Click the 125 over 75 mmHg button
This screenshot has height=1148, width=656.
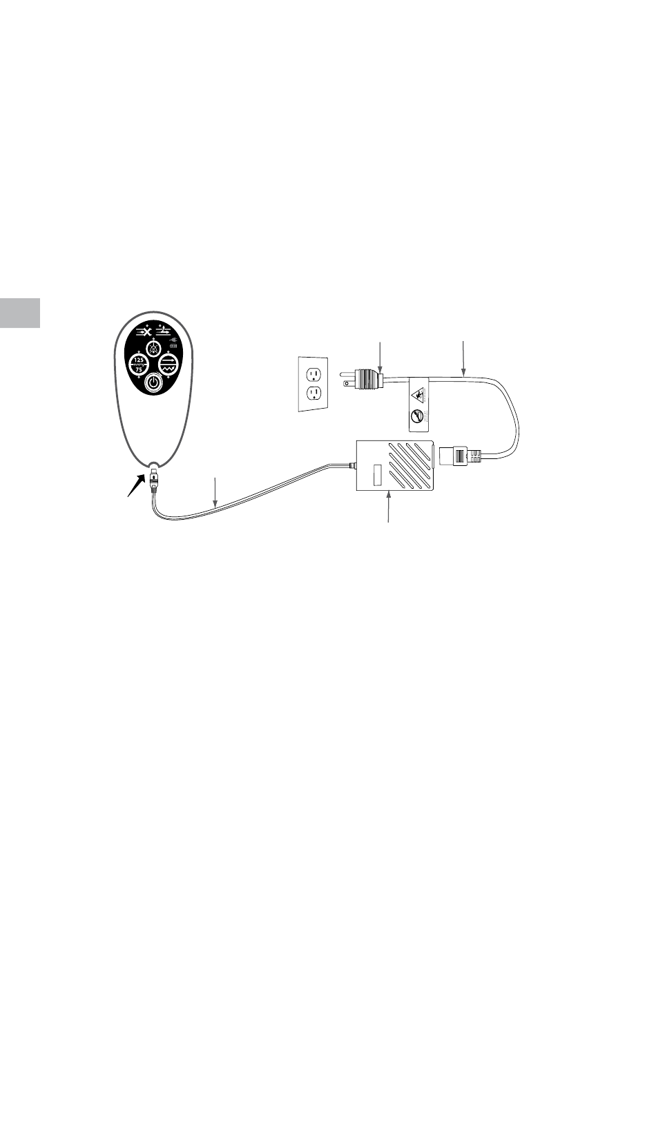click(139, 364)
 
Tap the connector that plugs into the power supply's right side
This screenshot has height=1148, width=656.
click(458, 456)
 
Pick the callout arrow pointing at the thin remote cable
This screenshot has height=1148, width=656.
click(216, 493)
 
